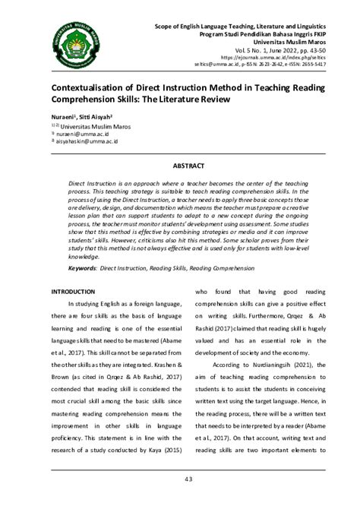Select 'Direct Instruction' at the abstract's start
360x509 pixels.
point(95,184)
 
